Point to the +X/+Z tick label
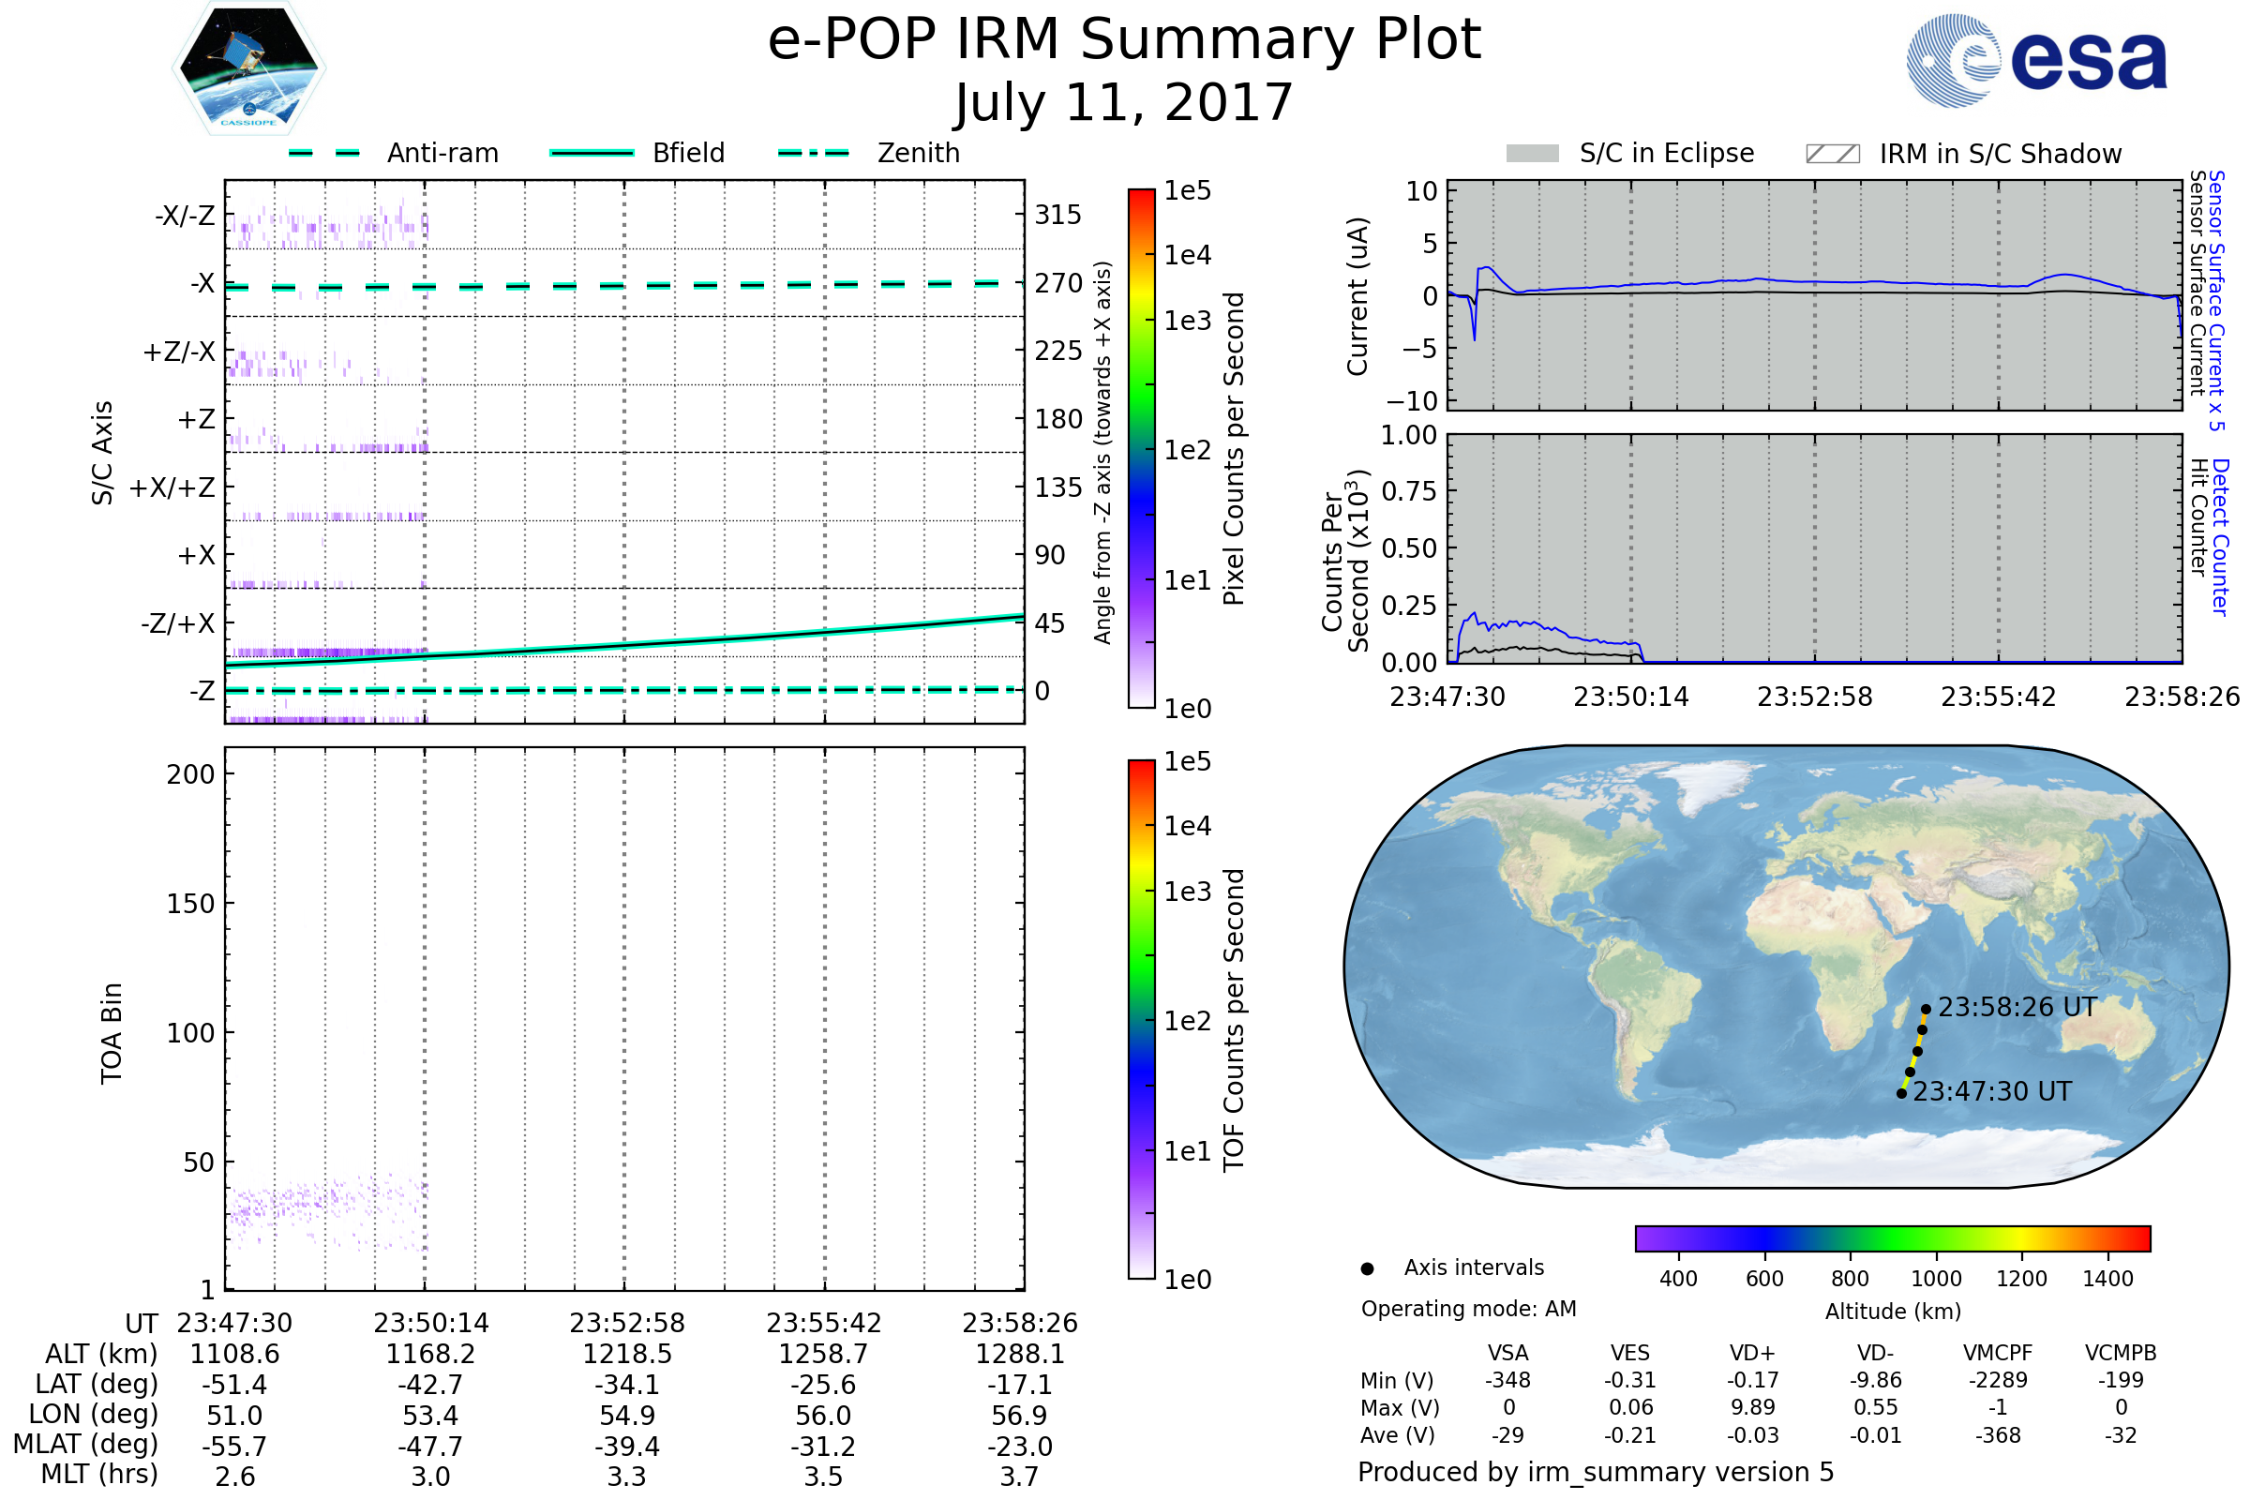172,487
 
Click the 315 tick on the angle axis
1057,215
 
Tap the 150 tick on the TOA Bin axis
190,904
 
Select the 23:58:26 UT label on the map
2017,1007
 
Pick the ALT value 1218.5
626,1354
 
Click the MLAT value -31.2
823,1446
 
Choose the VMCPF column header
1998,1353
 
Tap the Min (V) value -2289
1998,1380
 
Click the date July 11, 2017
1124,103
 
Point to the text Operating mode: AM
1468,1309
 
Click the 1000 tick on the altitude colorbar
1935,1279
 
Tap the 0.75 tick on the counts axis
1409,490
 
